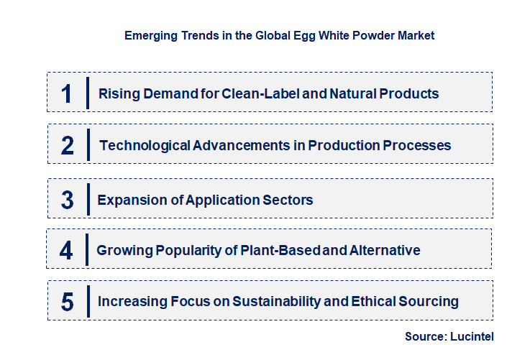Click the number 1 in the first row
point(67,93)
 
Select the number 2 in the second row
point(68,146)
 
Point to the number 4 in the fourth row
point(66,251)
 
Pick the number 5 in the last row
point(67,302)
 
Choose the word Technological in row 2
point(145,146)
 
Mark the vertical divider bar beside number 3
point(87,199)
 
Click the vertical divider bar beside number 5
point(87,300)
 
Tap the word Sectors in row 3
point(287,200)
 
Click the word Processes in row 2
point(416,146)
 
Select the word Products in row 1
point(409,93)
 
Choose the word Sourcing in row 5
point(427,302)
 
